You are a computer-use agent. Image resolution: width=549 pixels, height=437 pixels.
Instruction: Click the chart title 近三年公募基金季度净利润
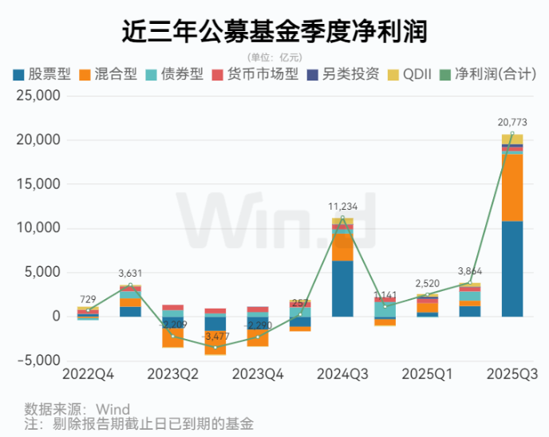pos(274,31)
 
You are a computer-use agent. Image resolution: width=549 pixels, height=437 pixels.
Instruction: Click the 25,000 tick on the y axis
pos(38,96)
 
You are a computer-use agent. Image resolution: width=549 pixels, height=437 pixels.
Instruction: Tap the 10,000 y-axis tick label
pos(38,228)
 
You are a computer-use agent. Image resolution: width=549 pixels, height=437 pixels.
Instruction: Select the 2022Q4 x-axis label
pos(87,374)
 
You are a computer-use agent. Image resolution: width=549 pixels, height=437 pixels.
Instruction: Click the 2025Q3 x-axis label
pos(511,374)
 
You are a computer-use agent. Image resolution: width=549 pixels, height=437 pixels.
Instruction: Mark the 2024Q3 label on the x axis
pos(342,374)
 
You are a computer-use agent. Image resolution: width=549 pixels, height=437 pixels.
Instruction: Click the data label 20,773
pos(511,123)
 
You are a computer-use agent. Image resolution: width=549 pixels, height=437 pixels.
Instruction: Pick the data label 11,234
pos(342,206)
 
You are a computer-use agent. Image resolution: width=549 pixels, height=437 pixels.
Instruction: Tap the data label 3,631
pos(131,273)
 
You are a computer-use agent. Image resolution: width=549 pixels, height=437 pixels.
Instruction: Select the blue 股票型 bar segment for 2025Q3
pos(511,268)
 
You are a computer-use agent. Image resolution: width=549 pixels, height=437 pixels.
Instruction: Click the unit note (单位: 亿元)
pos(274,56)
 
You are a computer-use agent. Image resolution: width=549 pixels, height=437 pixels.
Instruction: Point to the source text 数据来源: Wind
pos(77,410)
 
